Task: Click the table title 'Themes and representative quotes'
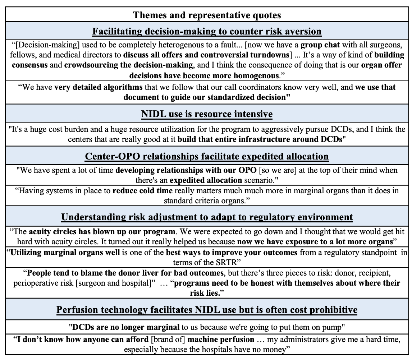[x=207, y=15]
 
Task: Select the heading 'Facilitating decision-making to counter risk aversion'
[x=207, y=31]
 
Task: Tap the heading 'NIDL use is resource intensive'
[x=207, y=114]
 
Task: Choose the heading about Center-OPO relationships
[x=207, y=157]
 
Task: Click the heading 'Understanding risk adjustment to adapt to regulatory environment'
[x=207, y=217]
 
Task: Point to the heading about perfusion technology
[x=207, y=310]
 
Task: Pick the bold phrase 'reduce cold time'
[x=138, y=191]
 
